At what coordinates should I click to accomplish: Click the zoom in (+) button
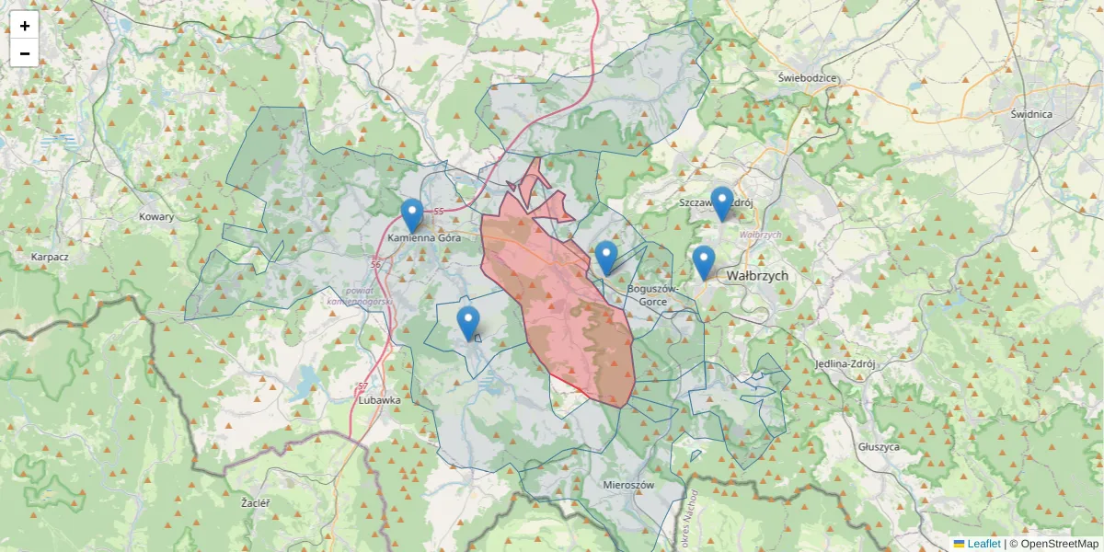(24, 26)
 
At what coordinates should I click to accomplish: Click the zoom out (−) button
(24, 53)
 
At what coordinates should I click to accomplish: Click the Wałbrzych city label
(757, 275)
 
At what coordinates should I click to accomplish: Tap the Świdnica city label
(1030, 114)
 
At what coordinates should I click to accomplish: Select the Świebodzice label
(807, 78)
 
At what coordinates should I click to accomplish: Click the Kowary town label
(156, 217)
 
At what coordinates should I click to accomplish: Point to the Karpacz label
(50, 258)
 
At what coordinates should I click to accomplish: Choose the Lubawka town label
(379, 400)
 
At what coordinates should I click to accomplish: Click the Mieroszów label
(628, 484)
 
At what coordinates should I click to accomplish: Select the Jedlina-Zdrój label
(845, 363)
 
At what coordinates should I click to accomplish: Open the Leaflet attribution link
(983, 544)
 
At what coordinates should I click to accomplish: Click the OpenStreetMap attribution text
(1059, 544)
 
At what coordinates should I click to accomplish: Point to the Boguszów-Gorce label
(652, 294)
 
